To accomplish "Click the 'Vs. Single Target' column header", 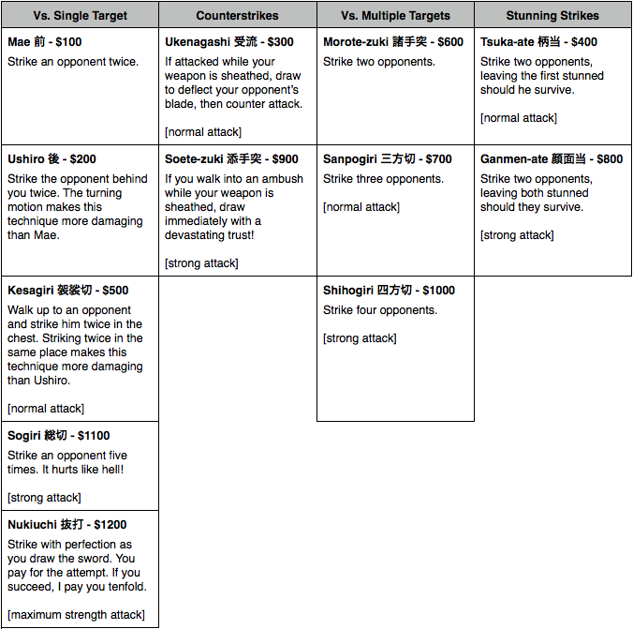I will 80,16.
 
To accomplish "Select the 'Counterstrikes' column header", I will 237,16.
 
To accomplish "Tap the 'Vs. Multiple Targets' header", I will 395,16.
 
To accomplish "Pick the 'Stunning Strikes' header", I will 552,16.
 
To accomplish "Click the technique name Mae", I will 19,42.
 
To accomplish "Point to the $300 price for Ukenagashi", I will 279,42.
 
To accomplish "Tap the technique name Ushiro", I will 25,159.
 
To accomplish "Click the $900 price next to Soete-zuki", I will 284,159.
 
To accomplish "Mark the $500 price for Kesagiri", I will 114,291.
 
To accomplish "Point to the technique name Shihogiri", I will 348,291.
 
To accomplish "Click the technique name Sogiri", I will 24,436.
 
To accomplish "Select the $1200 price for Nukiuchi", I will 110,525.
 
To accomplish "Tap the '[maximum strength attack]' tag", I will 76,615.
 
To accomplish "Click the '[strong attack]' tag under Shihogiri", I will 360,338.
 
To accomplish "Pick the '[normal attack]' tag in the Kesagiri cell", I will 46,409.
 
